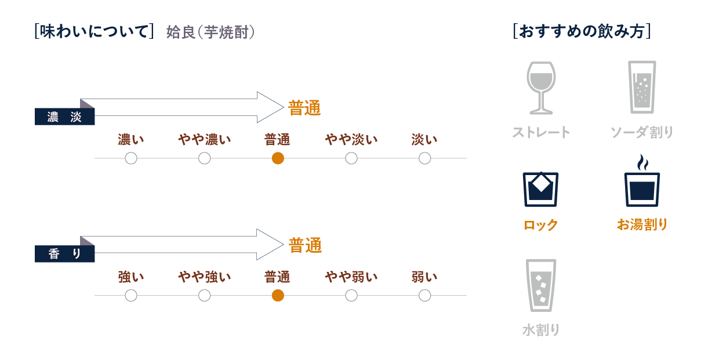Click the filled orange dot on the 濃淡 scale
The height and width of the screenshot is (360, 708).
[278, 158]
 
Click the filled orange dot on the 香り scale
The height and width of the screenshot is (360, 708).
[278, 296]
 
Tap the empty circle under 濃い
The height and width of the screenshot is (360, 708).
[131, 158]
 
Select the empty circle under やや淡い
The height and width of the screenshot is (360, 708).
[351, 158]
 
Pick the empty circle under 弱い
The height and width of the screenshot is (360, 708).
[425, 296]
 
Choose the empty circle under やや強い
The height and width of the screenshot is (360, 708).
[204, 296]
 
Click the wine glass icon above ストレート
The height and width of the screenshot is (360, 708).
[540, 88]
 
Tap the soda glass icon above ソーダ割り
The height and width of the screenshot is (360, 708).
[642, 87]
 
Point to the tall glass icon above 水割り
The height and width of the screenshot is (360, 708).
[540, 285]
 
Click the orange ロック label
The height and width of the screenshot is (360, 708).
[540, 225]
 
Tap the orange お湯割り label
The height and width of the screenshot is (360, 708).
[642, 225]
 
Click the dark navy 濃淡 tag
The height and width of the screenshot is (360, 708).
[64, 117]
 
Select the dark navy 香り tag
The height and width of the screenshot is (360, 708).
[64, 254]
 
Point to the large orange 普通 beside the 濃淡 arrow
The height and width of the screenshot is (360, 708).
[304, 108]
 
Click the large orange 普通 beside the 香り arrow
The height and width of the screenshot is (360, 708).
[305, 245]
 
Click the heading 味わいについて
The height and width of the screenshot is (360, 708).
[94, 32]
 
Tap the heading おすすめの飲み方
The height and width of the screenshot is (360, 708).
[582, 31]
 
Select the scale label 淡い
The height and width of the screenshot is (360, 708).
[424, 140]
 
